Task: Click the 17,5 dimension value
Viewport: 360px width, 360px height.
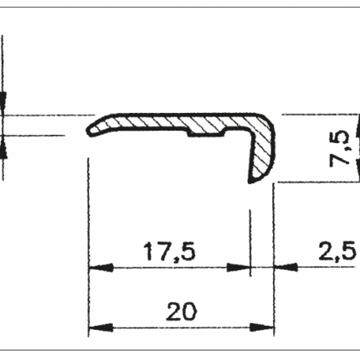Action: (x=169, y=252)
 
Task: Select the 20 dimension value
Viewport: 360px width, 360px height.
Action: (x=182, y=311)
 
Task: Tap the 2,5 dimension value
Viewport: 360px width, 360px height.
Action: (x=337, y=250)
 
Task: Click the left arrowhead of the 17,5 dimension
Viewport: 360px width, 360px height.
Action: (x=100, y=268)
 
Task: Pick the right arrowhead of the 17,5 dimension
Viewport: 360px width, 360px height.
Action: (x=238, y=268)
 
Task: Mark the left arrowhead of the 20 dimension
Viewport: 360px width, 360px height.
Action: (x=100, y=327)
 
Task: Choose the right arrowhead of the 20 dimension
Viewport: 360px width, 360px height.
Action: (x=262, y=327)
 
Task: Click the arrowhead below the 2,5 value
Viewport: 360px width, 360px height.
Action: (x=286, y=267)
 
